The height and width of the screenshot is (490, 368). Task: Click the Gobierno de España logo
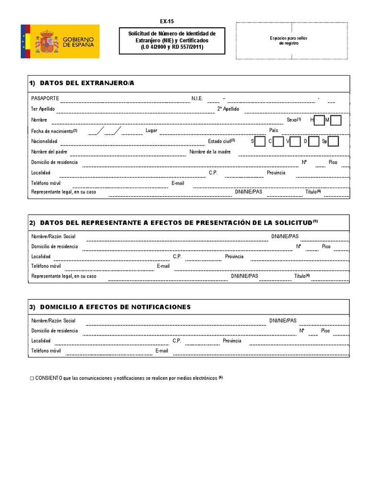60,42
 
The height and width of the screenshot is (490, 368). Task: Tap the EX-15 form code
167,22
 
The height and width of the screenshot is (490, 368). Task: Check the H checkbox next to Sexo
319,120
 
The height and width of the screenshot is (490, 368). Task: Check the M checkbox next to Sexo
336,120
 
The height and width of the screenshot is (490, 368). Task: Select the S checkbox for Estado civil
260,141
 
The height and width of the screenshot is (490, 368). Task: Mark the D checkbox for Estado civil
314,141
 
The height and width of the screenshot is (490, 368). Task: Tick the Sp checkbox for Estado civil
333,141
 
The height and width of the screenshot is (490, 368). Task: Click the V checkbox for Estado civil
296,141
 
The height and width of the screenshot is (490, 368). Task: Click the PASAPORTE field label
45,99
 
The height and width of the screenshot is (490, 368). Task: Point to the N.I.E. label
197,99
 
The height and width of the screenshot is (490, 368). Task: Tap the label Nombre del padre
49,152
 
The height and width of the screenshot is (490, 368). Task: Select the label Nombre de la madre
210,152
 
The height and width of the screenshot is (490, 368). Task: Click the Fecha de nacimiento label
52,131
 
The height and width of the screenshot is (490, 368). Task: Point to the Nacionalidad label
44,141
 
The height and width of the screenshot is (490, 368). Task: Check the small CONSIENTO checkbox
32,378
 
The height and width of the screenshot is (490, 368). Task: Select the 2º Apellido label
228,109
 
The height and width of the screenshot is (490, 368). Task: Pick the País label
274,130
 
